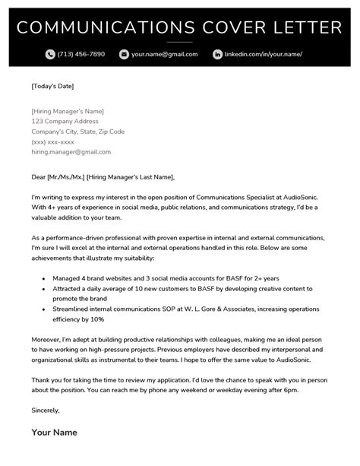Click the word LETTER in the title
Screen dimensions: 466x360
coord(303,29)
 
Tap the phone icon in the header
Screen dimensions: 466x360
coord(50,55)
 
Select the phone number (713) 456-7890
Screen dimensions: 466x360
coord(82,55)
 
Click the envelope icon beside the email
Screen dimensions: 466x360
coord(124,55)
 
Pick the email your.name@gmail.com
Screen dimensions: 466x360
coord(164,55)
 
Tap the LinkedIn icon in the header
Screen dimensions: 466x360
coord(217,55)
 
